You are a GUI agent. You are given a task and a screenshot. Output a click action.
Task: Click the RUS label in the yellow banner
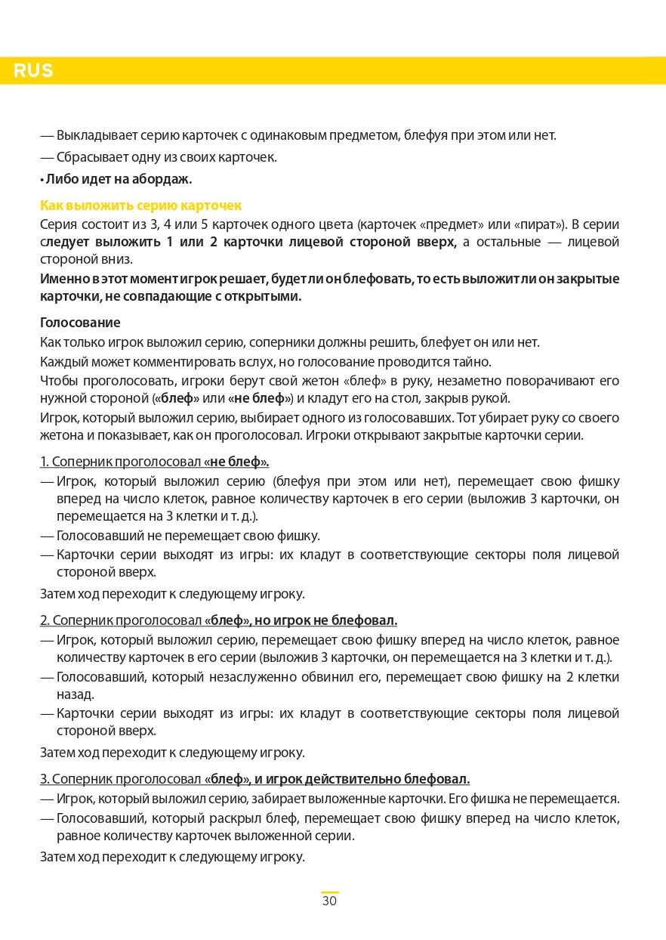[33, 71]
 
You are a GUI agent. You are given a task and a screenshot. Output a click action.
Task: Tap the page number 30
[329, 901]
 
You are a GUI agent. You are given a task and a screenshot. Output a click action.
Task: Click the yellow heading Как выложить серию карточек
[140, 206]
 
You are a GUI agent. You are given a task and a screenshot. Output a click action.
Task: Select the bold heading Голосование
[80, 323]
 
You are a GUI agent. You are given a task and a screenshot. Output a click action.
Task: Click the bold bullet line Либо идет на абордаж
[116, 179]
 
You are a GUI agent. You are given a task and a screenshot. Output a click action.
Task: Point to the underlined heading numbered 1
[154, 462]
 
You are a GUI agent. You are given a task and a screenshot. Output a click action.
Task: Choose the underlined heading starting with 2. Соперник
[218, 620]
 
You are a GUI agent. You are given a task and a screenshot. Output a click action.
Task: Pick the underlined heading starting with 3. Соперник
[254, 779]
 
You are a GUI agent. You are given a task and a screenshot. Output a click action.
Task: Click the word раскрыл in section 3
[239, 818]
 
